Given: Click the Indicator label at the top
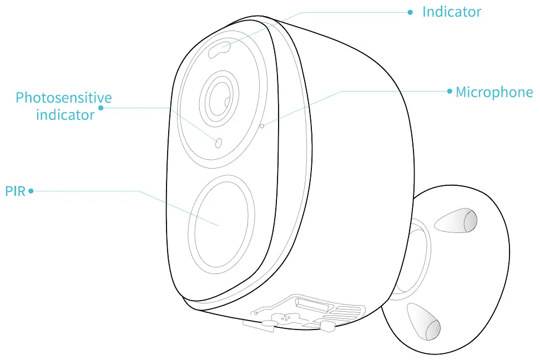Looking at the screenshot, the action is click(x=451, y=12).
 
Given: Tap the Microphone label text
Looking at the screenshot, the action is click(x=494, y=92).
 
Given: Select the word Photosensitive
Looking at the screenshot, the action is click(x=64, y=98).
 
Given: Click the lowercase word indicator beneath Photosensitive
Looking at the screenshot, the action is click(x=65, y=115).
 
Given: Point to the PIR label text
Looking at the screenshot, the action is click(x=16, y=192).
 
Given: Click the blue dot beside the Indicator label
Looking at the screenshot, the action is click(x=410, y=12).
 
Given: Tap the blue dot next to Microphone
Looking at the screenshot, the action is click(x=450, y=91).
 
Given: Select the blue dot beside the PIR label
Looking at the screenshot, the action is click(x=31, y=191).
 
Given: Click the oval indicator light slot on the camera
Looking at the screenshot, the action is click(x=220, y=49).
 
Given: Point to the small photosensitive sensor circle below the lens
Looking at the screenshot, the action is click(x=218, y=143).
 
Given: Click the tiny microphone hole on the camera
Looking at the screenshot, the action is click(x=261, y=126).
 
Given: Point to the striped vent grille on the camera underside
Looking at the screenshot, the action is click(x=349, y=314).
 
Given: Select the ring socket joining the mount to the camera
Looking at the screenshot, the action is click(x=414, y=255).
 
